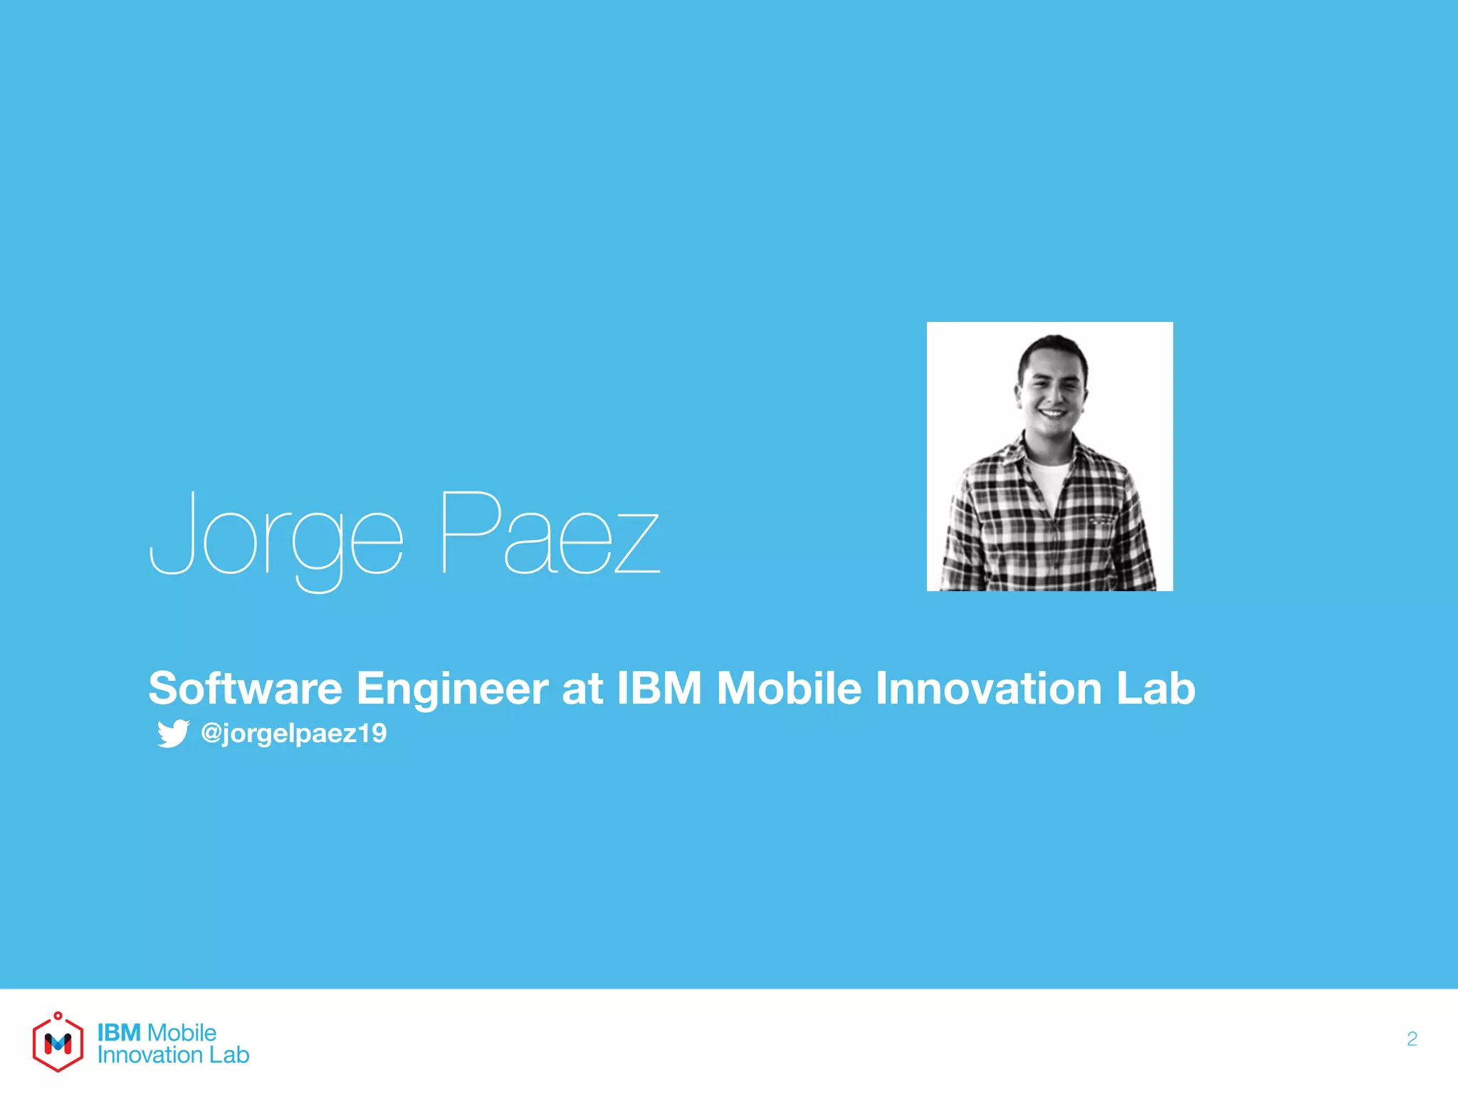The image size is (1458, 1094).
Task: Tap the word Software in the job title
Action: [245, 688]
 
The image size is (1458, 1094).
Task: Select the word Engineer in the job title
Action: [452, 689]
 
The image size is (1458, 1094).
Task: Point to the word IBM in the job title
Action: [659, 688]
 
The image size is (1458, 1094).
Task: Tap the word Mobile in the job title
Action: [789, 688]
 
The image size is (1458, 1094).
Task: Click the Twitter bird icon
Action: [173, 733]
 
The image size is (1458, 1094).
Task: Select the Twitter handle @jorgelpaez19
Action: [294, 733]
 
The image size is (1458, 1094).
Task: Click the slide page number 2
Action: [1412, 1039]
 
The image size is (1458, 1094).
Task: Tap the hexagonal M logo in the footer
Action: [58, 1043]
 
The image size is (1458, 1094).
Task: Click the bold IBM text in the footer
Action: [119, 1032]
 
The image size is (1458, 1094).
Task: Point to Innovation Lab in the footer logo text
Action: [173, 1055]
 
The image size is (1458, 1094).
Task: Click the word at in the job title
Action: [582, 688]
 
